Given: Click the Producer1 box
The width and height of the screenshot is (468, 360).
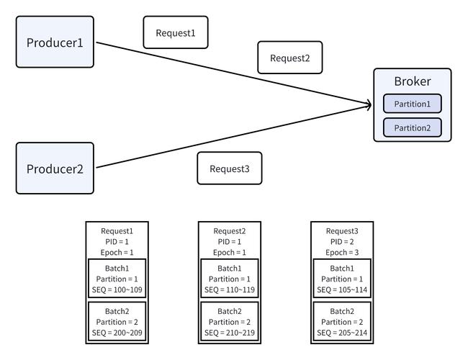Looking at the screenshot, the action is point(55,42).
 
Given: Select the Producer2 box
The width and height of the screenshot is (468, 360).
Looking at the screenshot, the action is point(55,168).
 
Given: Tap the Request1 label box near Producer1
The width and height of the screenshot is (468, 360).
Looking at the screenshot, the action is point(176,32).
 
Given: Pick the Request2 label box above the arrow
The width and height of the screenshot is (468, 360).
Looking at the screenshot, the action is point(290,58).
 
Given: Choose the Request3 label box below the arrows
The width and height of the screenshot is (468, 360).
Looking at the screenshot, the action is point(230,168).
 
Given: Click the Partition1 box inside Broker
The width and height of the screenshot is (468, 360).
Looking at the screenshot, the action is point(412,104).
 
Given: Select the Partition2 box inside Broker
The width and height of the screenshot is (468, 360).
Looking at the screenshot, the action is point(412,127).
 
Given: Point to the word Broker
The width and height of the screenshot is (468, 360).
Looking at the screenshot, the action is point(413,81).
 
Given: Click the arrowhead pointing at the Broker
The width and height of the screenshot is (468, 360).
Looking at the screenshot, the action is point(369,105).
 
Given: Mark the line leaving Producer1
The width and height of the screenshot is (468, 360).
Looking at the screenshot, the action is point(233,73).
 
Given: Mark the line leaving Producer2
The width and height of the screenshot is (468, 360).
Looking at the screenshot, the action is point(233,136).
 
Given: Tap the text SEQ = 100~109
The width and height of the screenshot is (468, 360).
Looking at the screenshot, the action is point(117,289).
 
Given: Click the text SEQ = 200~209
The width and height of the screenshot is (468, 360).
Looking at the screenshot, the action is point(117,333).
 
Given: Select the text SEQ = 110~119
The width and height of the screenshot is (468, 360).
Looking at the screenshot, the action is point(230,289).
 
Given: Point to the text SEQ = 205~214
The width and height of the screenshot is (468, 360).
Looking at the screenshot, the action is point(342,333).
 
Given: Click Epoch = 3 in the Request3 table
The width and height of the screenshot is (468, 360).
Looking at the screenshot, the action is point(342,252).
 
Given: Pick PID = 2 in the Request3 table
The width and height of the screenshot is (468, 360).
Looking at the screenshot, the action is point(342,241).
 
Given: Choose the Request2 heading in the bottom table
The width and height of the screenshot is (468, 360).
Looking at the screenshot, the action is point(230,231).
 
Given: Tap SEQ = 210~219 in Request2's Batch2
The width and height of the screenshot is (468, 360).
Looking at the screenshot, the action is point(230,333).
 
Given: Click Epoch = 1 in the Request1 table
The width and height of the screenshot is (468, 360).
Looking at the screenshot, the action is point(117,252).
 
